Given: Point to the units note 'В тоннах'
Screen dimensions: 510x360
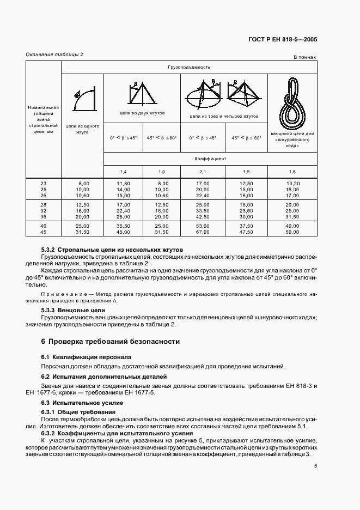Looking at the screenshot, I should pyautogui.click(x=305, y=57).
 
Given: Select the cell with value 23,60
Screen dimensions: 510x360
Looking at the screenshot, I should pyautogui.click(x=247, y=210).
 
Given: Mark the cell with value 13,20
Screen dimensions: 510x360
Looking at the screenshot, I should pyautogui.click(x=292, y=184).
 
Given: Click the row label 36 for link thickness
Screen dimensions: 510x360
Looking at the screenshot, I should pyautogui.click(x=44, y=216).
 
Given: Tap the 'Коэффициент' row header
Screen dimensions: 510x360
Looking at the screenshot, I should pyautogui.click(x=210, y=159).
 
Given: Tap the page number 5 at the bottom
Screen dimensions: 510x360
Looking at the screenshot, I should pyautogui.click(x=315, y=465).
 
